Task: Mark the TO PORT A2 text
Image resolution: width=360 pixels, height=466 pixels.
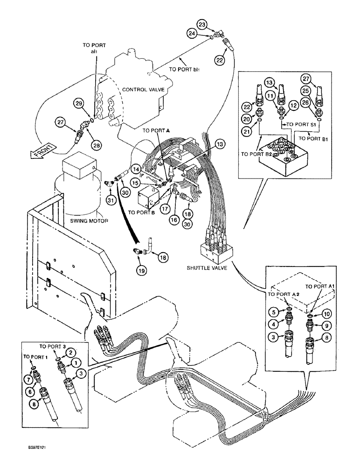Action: (280, 295)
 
